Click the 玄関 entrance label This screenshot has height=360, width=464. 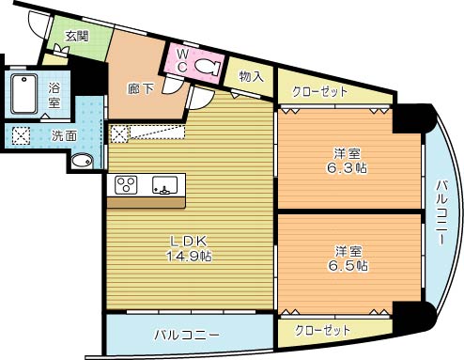coord(77,37)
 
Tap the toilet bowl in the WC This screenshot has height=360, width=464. coord(209,67)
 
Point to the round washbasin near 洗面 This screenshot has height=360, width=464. coord(83,160)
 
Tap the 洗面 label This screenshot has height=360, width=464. coord(65,135)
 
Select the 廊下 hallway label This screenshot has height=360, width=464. coord(140,90)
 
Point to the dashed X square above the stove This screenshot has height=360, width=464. coord(119,133)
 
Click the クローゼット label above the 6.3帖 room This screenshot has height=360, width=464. coord(320,92)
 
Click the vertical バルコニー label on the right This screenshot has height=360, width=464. coord(441,213)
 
